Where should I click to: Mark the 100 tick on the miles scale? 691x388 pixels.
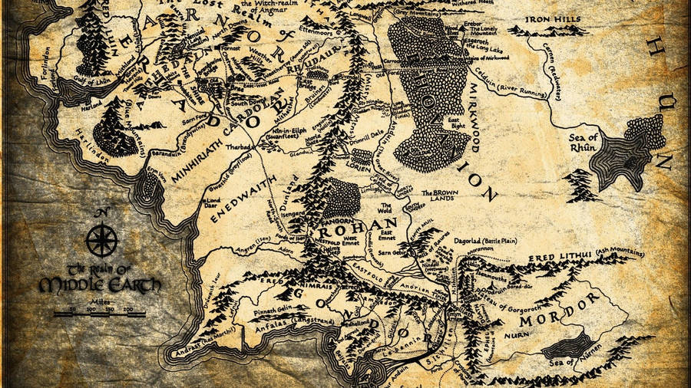91,309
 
